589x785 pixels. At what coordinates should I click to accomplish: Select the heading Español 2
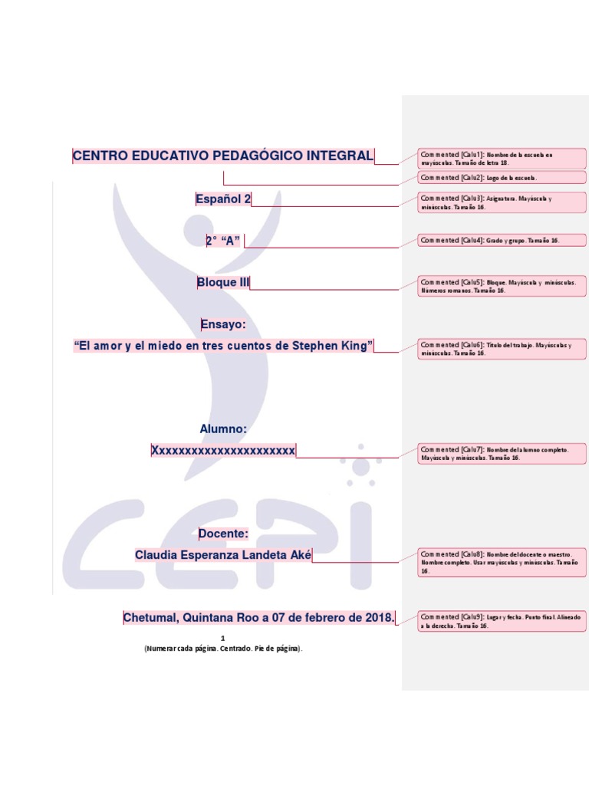(x=223, y=199)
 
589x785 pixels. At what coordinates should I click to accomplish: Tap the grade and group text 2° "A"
(x=223, y=241)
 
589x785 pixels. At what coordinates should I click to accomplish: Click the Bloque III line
(x=223, y=283)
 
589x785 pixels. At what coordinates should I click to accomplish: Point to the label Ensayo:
(x=223, y=324)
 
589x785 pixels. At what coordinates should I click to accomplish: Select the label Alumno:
(x=223, y=429)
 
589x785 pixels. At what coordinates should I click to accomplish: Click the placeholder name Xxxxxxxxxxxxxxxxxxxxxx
(x=223, y=451)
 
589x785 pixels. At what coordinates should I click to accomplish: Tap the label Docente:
(x=223, y=534)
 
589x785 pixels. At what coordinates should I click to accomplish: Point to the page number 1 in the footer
(x=223, y=638)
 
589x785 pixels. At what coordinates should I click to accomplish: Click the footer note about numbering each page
(x=223, y=649)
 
